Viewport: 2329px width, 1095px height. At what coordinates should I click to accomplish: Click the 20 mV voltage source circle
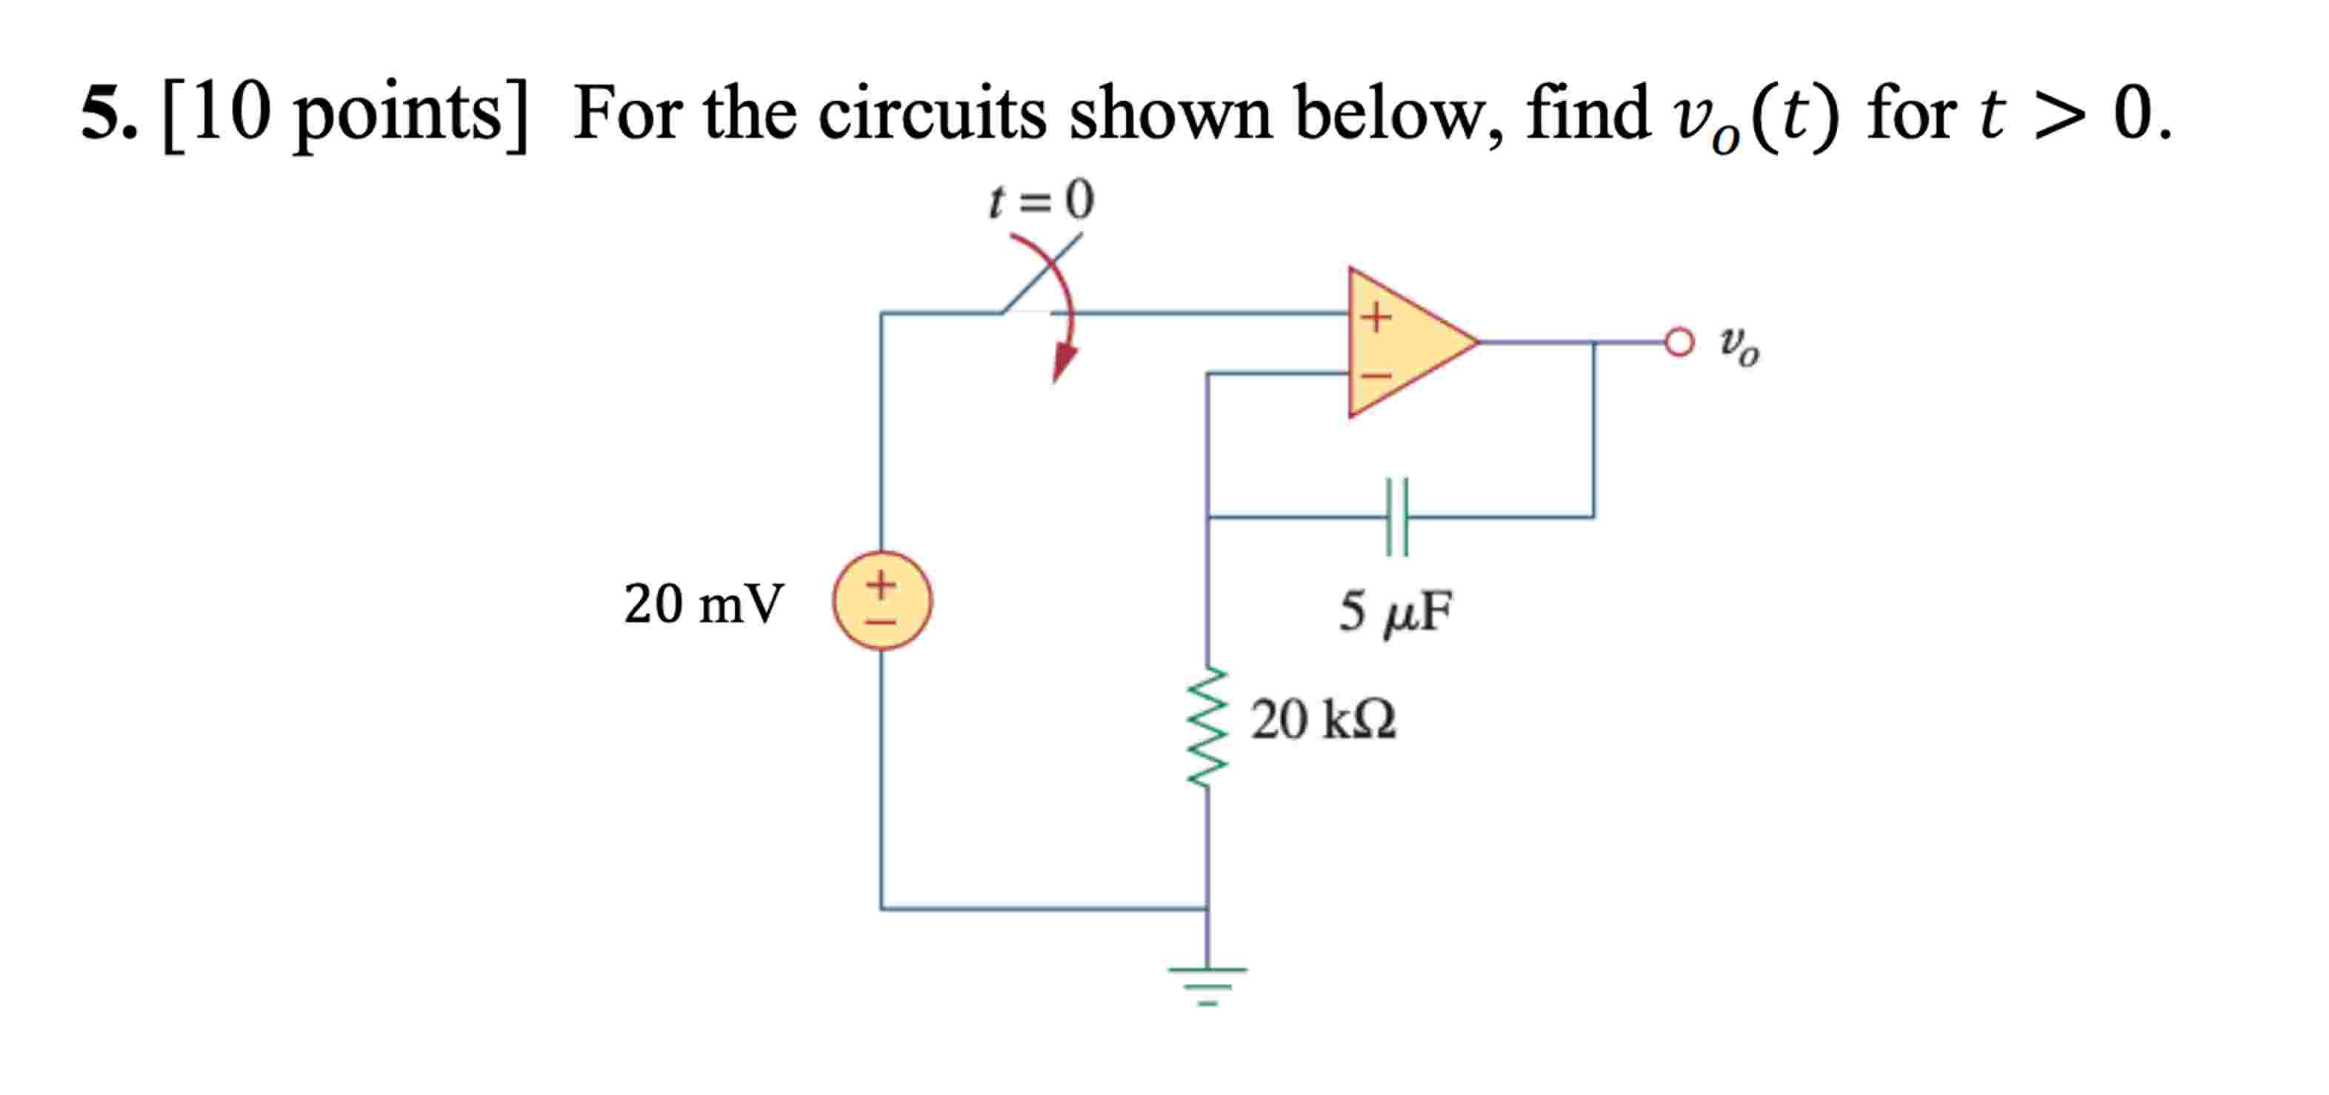tap(882, 600)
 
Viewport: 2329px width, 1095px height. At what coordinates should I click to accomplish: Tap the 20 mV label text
tap(704, 603)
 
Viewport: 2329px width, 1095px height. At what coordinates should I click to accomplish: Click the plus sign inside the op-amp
tap(1376, 316)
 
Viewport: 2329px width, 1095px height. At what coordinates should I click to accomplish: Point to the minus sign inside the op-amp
tap(1376, 373)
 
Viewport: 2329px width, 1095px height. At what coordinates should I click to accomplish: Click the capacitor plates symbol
tap(1397, 517)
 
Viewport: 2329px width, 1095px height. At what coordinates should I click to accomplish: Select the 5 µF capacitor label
tap(1395, 611)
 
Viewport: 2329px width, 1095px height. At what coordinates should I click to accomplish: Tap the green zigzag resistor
tap(1208, 727)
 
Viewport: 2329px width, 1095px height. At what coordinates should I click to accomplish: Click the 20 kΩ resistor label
tap(1323, 721)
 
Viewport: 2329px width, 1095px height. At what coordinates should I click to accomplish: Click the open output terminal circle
tap(1679, 342)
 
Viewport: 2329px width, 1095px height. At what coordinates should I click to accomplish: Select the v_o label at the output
tap(1739, 345)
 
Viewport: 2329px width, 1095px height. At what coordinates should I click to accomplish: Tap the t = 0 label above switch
tap(1041, 200)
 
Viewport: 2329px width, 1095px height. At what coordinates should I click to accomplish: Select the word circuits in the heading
tap(932, 113)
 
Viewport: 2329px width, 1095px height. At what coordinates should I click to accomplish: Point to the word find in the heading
tap(1587, 113)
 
